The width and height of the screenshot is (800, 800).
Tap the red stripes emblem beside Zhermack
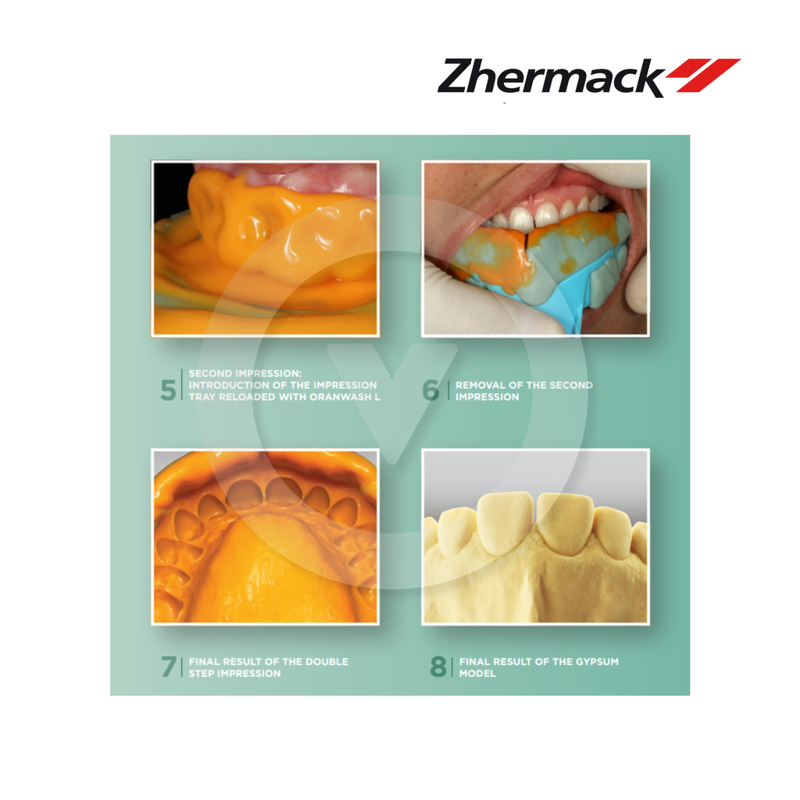702,75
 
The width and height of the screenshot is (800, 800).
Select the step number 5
168,390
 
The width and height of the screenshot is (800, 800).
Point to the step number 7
168,667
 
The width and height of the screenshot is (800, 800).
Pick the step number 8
438,667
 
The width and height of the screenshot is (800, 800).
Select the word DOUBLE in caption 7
324,662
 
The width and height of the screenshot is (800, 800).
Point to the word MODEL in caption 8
477,673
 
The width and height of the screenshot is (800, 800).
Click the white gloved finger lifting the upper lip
617,175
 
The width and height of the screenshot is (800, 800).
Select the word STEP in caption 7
205,673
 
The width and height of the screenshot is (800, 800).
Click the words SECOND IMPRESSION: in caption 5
244,373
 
